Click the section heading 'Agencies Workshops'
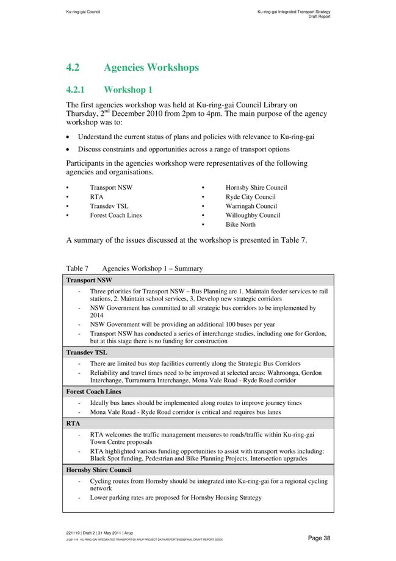pos(151,68)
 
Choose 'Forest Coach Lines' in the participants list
pos(116,215)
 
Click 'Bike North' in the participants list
pos(240,224)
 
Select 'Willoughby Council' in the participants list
pos(253,215)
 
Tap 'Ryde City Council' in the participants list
pos(250,197)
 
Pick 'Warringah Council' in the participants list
pos(251,206)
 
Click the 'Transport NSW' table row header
pos(89,280)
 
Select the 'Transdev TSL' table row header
pos(87,352)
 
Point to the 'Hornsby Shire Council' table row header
pos(99,470)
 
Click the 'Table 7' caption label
pos(77,268)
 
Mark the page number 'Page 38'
pos(319,538)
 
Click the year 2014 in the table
pos(96,316)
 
